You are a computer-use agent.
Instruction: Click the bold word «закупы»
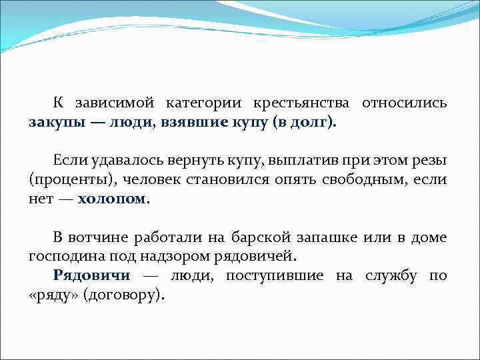tap(56, 123)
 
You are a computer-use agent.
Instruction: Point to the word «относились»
tap(405, 104)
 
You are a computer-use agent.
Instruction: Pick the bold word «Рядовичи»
tap(91, 275)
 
